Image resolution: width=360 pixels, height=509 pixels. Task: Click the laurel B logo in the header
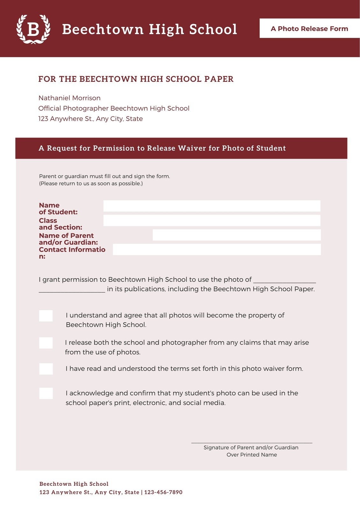33,29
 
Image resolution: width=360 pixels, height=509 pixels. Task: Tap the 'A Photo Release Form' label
309,29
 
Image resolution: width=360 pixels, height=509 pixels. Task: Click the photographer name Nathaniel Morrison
69,98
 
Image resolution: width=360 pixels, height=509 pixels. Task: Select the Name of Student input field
212,206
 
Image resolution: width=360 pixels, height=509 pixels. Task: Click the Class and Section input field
212,220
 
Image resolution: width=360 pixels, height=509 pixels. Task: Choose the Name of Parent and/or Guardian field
236,235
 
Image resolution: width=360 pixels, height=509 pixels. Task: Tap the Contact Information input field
217,249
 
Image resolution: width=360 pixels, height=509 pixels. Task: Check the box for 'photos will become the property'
46,316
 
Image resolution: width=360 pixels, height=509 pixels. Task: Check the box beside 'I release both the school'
46,343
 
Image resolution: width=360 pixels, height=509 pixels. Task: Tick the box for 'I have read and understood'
46,369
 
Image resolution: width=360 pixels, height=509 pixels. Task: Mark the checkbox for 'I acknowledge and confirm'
46,393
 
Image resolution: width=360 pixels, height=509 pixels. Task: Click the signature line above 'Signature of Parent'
251,442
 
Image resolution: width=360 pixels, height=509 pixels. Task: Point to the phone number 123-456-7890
163,492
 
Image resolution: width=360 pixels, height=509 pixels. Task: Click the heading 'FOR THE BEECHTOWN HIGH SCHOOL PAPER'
136,79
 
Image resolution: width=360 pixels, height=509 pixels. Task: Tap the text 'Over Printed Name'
251,455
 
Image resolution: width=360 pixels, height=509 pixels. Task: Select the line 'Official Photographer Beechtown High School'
114,108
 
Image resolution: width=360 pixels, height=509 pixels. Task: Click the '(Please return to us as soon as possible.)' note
91,184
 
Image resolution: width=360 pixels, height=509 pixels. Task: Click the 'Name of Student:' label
58,209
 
